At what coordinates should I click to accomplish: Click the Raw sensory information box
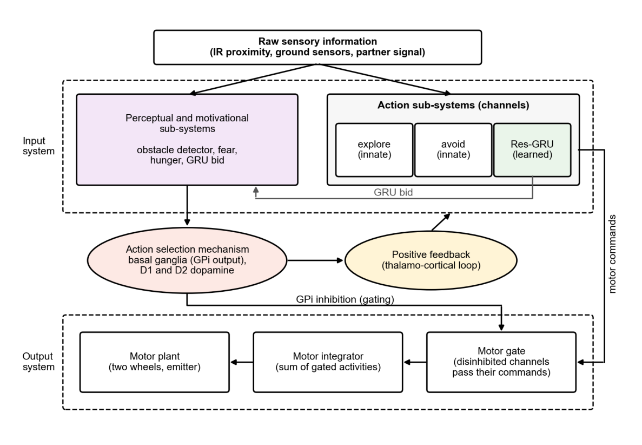(317, 47)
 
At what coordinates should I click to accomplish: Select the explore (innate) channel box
(374, 150)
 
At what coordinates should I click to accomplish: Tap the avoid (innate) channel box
(453, 150)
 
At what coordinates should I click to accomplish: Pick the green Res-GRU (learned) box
(532, 150)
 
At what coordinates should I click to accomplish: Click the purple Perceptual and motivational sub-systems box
(187, 140)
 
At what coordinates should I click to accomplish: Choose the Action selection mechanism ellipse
(187, 260)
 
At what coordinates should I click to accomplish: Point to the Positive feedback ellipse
(431, 260)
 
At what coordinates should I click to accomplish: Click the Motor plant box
(155, 362)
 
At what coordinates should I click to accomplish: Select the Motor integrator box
(328, 362)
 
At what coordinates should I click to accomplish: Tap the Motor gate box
(501, 362)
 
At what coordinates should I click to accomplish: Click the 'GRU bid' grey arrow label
(393, 192)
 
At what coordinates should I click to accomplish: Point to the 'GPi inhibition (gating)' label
(345, 299)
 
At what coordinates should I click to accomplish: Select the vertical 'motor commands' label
(612, 254)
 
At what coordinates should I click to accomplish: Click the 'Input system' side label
(38, 146)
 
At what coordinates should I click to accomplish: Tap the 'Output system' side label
(38, 362)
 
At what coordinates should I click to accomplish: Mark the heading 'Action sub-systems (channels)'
(453, 106)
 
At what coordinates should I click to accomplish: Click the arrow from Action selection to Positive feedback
(315, 260)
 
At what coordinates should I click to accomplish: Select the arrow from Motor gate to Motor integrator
(415, 362)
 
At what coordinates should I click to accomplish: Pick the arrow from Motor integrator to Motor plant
(242, 362)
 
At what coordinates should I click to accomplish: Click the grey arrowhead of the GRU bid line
(256, 190)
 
